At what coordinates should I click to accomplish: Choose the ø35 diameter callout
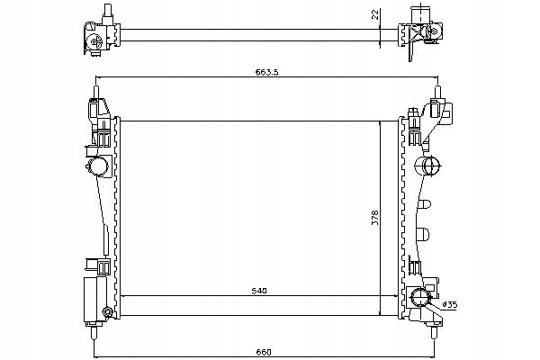(x=450, y=304)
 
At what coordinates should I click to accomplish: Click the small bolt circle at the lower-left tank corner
(x=108, y=312)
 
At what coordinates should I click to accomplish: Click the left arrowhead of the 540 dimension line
(x=123, y=296)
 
